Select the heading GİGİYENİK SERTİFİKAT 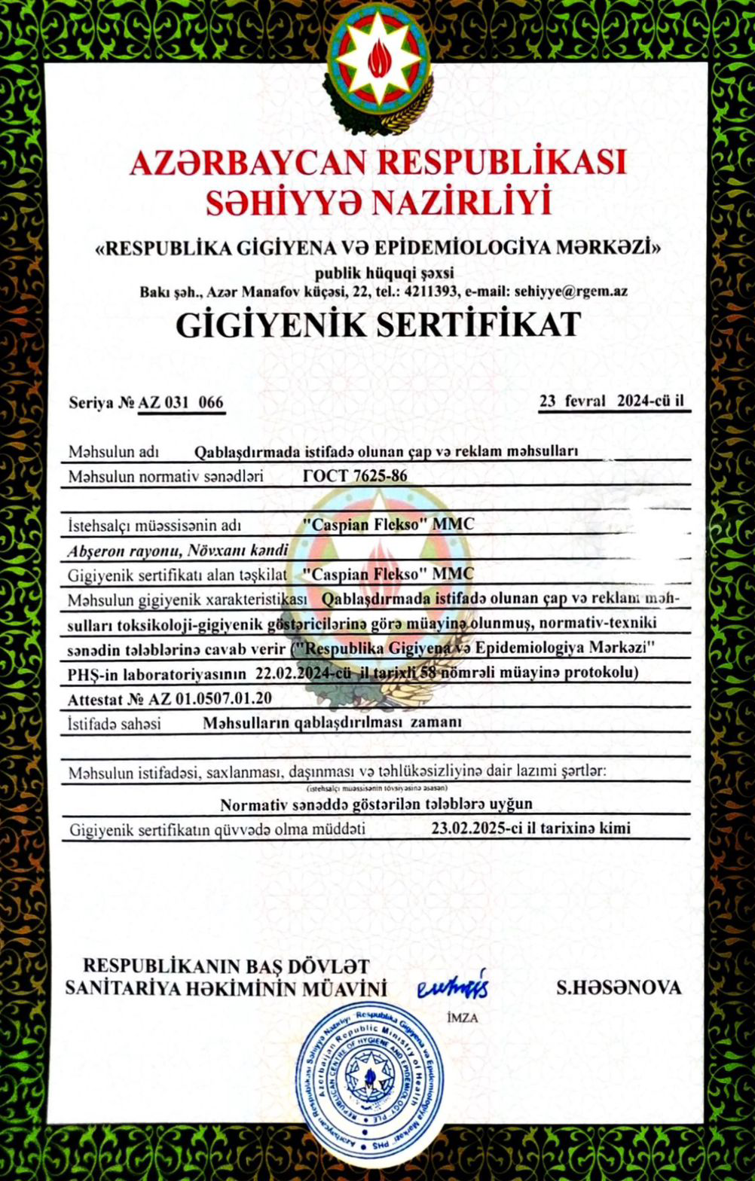(378, 325)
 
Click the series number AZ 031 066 (181, 402)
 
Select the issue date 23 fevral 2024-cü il (614, 401)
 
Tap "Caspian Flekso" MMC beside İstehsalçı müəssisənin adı (388, 524)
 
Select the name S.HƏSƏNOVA (619, 987)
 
